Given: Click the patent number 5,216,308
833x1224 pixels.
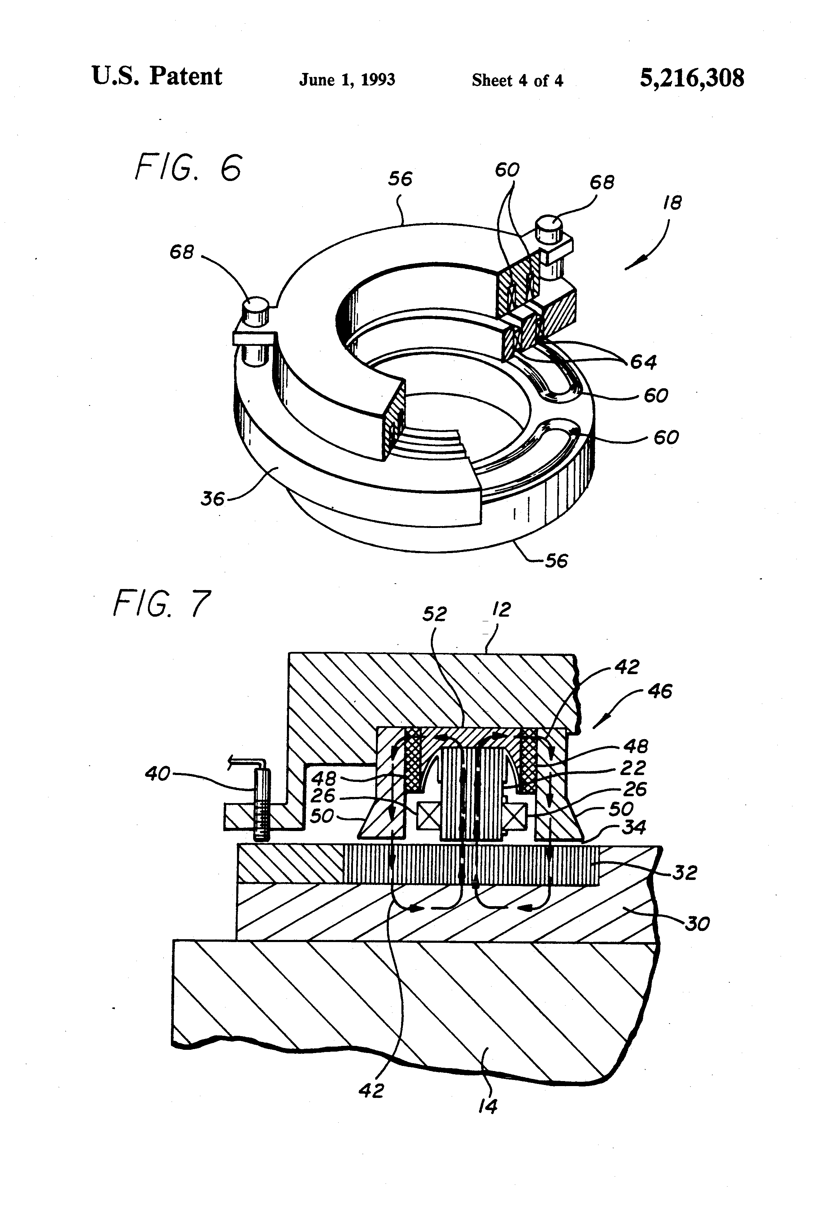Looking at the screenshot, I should [692, 78].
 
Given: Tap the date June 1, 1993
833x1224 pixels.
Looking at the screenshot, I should [347, 80].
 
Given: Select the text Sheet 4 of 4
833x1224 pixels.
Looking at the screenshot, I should [517, 80].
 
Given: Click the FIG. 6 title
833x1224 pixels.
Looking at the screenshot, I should [188, 168].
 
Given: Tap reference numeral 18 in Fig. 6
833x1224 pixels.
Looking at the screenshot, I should [673, 203].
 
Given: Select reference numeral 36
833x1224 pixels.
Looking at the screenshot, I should [212, 498].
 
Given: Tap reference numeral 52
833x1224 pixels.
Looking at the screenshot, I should [434, 613].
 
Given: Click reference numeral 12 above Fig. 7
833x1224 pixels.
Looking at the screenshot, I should [502, 610].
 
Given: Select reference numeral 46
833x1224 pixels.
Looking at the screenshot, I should [660, 691].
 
